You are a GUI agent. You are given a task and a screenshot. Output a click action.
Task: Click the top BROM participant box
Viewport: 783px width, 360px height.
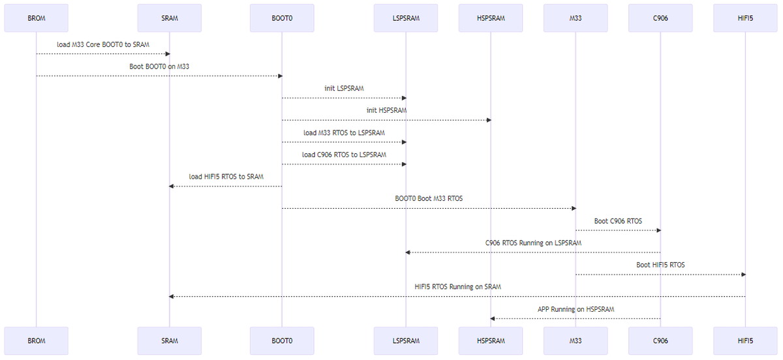[36, 18]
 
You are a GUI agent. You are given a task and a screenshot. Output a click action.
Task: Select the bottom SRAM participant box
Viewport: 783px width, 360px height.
[169, 340]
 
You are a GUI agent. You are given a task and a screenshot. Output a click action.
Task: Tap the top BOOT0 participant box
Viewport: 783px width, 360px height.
[282, 18]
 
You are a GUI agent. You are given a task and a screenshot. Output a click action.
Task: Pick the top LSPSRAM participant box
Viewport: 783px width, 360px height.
[405, 18]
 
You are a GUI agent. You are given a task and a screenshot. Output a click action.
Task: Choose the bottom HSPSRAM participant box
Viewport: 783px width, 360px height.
[491, 340]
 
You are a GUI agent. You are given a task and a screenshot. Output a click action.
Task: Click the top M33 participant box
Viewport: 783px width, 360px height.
[576, 18]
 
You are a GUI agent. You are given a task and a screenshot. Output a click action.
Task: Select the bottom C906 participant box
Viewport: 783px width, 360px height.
[660, 340]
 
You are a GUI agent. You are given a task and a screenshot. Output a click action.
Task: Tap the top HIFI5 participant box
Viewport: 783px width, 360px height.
[745, 18]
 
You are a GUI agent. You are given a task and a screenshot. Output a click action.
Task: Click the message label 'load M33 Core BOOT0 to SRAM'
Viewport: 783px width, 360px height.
[102, 44]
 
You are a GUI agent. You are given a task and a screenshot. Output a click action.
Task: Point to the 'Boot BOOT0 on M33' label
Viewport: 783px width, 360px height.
[159, 67]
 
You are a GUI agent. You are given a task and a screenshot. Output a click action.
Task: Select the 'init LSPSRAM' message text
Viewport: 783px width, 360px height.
[344, 88]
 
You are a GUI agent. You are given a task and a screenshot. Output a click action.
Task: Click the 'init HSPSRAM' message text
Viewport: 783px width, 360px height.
[386, 110]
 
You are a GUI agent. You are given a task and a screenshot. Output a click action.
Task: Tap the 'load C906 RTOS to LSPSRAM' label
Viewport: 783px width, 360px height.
[344, 155]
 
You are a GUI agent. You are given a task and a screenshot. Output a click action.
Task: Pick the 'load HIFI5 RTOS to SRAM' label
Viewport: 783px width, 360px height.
[226, 176]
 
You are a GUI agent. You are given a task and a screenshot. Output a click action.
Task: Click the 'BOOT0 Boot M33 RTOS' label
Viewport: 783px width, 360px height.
[429, 198]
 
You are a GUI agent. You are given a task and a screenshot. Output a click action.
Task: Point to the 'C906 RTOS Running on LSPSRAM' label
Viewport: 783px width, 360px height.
[533, 243]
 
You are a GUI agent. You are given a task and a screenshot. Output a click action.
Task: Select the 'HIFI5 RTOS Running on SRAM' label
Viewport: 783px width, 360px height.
[457, 286]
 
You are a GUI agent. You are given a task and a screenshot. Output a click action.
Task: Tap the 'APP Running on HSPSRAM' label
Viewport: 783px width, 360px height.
[576, 308]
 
